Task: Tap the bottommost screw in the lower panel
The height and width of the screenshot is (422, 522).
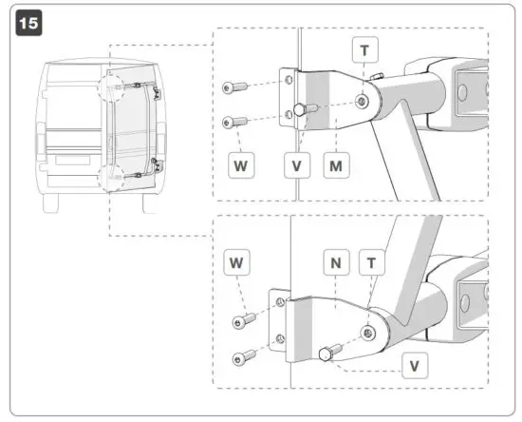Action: tap(244, 358)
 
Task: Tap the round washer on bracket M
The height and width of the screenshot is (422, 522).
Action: tap(363, 100)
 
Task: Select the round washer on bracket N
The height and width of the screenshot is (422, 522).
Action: tap(368, 330)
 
